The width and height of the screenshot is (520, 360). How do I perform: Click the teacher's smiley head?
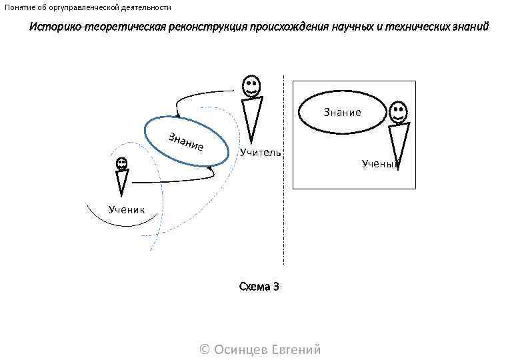coord(251,86)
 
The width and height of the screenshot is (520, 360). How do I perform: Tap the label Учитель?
coord(261,153)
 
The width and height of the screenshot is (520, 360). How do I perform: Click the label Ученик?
coord(127,210)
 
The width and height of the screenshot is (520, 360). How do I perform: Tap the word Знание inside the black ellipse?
coord(343,112)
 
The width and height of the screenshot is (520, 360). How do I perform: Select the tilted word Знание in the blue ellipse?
coord(185,141)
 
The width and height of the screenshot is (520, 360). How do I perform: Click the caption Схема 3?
coord(259,286)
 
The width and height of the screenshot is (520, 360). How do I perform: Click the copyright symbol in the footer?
coord(205,349)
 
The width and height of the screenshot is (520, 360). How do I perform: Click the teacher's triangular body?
coord(252,117)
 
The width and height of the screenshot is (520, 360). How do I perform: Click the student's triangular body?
coord(121,182)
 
